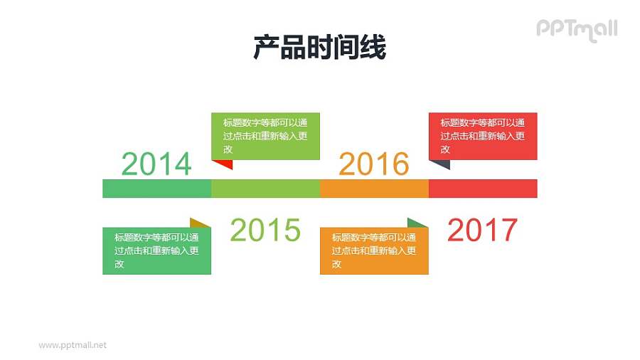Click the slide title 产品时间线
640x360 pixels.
tap(319, 48)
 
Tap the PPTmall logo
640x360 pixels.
tap(576, 29)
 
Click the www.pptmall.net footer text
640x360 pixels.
tap(73, 345)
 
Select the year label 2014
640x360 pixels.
tap(156, 164)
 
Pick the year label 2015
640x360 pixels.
tap(265, 230)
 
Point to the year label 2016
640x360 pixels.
tap(374, 164)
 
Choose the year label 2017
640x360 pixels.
tap(482, 230)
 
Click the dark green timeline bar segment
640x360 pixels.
tap(157, 189)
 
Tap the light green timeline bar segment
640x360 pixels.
tap(266, 189)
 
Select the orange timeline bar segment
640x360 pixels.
tap(374, 189)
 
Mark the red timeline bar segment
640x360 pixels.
tap(483, 189)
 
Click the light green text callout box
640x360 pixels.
tap(265, 135)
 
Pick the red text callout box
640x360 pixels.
tap(483, 135)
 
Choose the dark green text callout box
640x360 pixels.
tap(157, 250)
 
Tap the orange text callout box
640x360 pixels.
tap(374, 250)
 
